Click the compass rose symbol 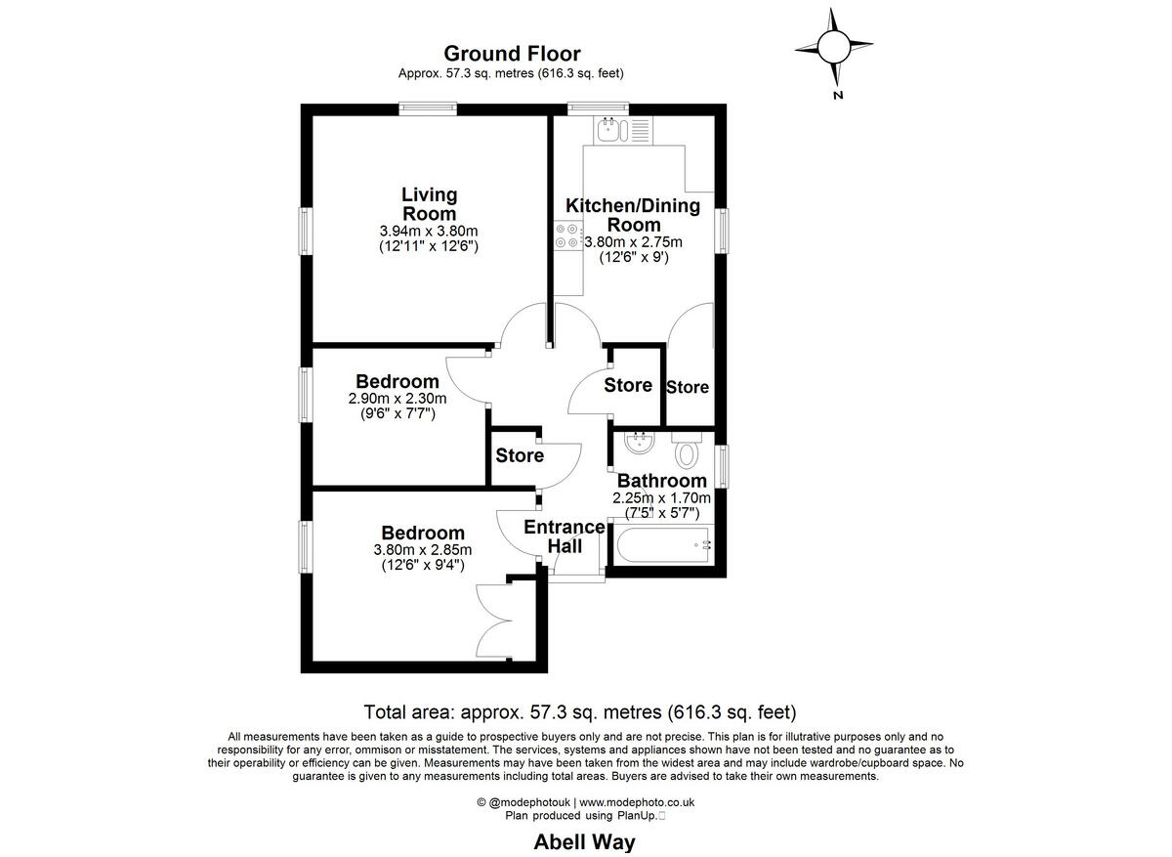point(833,46)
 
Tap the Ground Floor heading point(512,54)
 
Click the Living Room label point(429,204)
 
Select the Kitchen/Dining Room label point(633,214)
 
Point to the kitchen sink point(610,129)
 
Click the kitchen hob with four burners point(566,236)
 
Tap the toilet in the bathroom point(688,450)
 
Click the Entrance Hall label point(565,536)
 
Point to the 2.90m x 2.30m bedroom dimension point(397,399)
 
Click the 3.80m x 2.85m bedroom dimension point(422,550)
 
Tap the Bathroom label point(661,481)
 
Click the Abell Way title point(585,841)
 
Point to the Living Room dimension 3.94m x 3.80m point(428,231)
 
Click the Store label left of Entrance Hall point(519,455)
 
